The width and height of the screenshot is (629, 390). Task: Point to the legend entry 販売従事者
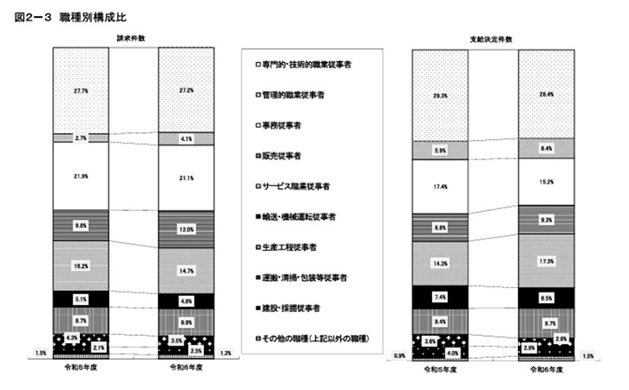click(279, 156)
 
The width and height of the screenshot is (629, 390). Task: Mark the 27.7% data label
click(81, 91)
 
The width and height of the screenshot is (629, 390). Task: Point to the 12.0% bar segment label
click(185, 229)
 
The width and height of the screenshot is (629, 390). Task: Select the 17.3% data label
click(544, 261)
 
